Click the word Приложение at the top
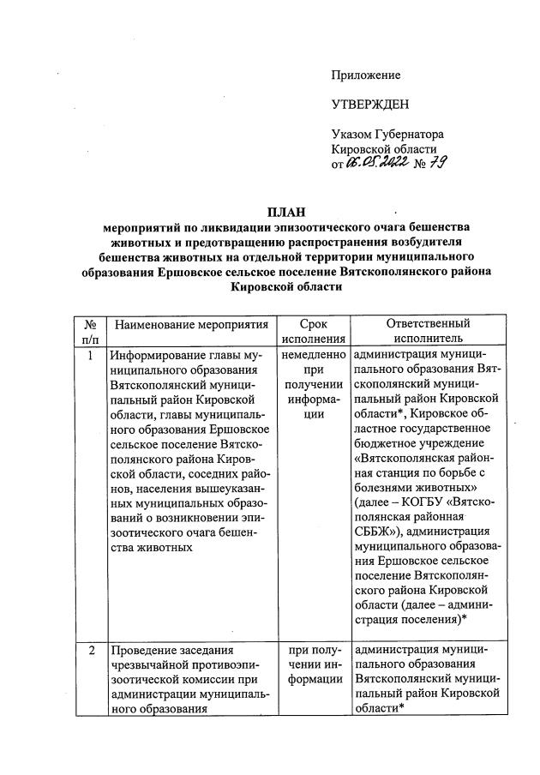tap(366, 75)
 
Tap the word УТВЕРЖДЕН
tap(370, 105)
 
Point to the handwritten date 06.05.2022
tap(380, 164)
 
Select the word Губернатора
tap(408, 135)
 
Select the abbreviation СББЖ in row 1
tap(374, 532)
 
